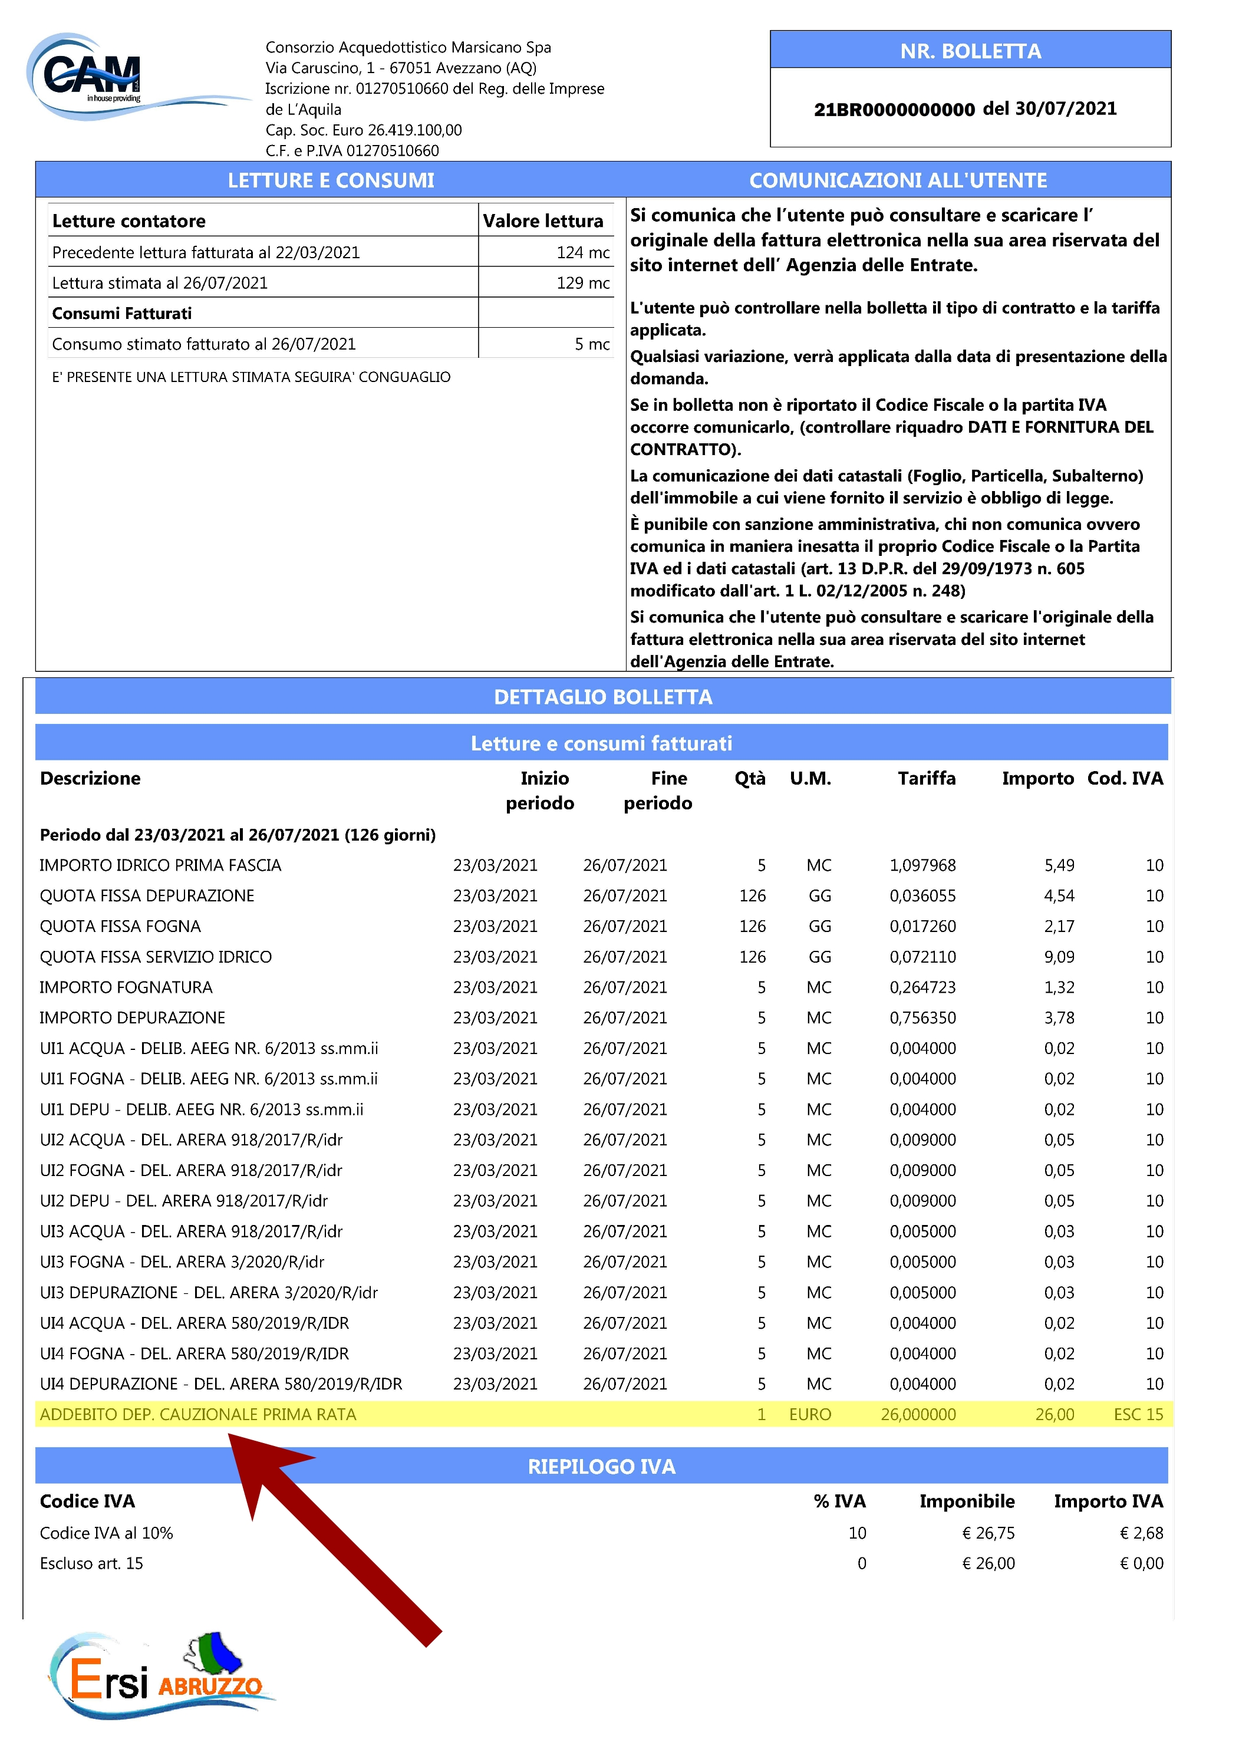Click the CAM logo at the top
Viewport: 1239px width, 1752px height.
[x=91, y=76]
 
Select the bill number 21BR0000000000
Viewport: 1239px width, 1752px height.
[x=894, y=109]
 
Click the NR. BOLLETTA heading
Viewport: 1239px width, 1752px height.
[x=970, y=51]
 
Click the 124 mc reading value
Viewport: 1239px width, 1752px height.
[x=583, y=252]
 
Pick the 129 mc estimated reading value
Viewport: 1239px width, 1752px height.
[x=583, y=283]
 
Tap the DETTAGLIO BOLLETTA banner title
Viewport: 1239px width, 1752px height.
[x=603, y=697]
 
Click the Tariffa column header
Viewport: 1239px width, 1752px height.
[x=926, y=778]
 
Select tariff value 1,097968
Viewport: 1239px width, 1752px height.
[x=922, y=865]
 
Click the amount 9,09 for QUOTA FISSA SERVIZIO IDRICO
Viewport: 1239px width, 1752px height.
[x=1059, y=957]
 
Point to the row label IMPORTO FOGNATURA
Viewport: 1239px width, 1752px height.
[x=126, y=987]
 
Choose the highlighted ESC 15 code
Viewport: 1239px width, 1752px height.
[x=1138, y=1415]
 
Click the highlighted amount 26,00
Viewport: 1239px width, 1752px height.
[x=1055, y=1415]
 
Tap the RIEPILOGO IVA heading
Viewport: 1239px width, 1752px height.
[x=601, y=1467]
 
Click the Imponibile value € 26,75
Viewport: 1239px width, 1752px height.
[x=988, y=1533]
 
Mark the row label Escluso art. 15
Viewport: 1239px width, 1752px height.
[x=91, y=1563]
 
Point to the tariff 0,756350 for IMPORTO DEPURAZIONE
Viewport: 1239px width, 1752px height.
[x=922, y=1018]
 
